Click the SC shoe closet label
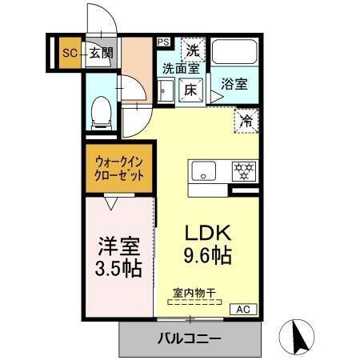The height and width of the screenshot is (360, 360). (69, 54)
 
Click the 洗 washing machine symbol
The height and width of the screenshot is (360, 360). (192, 50)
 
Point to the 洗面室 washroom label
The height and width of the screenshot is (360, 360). (182, 69)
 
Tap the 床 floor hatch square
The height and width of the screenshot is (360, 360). (191, 90)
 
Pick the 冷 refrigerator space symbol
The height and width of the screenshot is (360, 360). (245, 120)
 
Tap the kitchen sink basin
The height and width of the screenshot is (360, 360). (203, 170)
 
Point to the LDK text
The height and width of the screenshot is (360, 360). (209, 233)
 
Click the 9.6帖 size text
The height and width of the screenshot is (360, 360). (209, 256)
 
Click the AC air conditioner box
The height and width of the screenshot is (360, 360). (243, 309)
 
